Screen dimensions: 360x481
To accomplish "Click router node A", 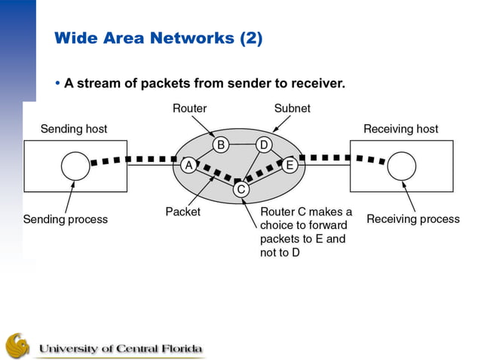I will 187,165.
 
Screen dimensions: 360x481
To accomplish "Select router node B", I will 220,144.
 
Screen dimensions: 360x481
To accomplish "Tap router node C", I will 240,189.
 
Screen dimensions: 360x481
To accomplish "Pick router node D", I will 264,144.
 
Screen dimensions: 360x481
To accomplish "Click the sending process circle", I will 75,165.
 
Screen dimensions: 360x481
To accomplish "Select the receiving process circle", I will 401,165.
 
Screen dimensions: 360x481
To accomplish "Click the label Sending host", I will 73,129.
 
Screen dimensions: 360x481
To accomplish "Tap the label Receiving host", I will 400,129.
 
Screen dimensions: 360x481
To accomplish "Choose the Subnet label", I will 292,108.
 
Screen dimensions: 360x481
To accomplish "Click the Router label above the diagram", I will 189,108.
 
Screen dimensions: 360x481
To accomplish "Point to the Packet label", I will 183,212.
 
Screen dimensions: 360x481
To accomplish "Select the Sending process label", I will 66,220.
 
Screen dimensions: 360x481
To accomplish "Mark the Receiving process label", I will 412,219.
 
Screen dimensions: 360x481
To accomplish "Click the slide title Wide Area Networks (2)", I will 158,38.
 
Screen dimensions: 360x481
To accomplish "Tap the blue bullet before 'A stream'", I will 57,83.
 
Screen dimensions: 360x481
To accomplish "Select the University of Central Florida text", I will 121,349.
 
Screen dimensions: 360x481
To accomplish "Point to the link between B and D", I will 242,144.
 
